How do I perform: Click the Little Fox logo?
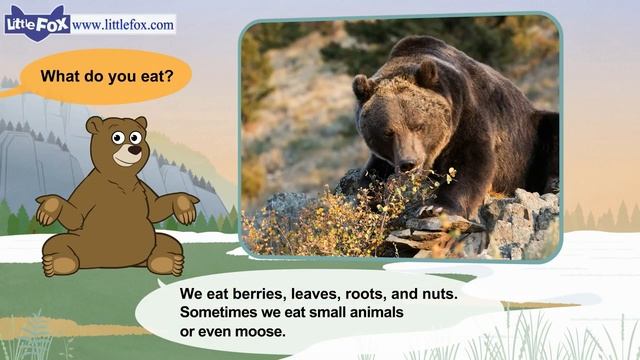36,22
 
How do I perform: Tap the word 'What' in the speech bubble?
58,75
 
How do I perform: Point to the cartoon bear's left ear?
95,126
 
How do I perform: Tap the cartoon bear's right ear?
140,122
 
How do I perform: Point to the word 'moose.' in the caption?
254,331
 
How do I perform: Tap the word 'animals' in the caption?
370,313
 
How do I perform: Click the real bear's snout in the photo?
405,160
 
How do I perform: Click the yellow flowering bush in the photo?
300,220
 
